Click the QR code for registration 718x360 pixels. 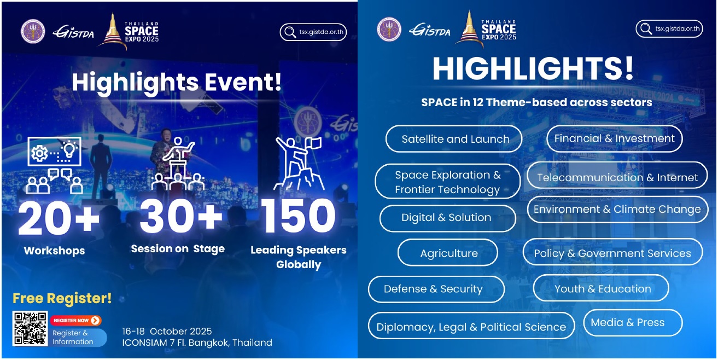point(30,328)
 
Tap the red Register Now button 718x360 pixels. point(75,320)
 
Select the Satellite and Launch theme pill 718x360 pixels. point(454,139)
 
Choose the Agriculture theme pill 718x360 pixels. point(448,253)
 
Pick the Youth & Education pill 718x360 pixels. point(601,288)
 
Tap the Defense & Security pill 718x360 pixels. point(436,289)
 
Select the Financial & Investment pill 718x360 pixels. point(615,138)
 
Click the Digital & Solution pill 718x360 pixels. point(448,218)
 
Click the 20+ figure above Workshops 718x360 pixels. point(59,219)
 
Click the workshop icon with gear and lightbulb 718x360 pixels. point(55,165)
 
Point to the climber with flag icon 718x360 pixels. point(299,164)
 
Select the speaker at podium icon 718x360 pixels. point(178,164)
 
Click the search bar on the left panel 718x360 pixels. point(313,32)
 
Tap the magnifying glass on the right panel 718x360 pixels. point(646,29)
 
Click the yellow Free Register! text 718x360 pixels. point(62,298)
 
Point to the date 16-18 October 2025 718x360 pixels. point(167,331)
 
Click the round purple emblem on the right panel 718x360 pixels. point(389,30)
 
